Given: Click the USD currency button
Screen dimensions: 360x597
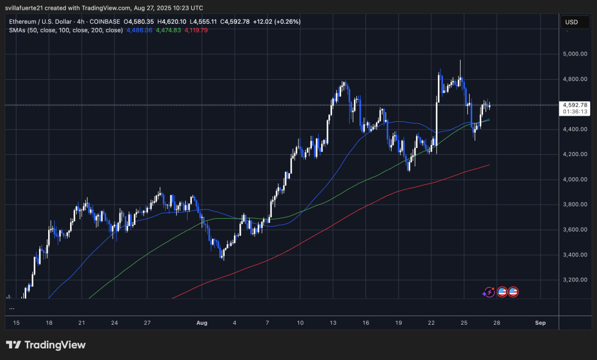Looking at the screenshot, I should coord(571,22).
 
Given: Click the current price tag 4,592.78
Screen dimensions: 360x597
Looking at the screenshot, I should coord(575,105).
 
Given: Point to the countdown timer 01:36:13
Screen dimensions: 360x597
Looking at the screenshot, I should coord(575,112).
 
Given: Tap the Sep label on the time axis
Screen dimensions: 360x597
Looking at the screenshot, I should coord(539,322).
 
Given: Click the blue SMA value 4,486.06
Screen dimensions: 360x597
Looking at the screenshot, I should coord(139,30).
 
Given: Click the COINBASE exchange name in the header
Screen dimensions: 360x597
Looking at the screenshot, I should coord(103,22).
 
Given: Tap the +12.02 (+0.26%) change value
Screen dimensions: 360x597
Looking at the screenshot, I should coord(277,22).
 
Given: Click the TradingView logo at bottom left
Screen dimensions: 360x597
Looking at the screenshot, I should coord(46,345).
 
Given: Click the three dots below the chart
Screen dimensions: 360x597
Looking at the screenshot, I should coord(12,309).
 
